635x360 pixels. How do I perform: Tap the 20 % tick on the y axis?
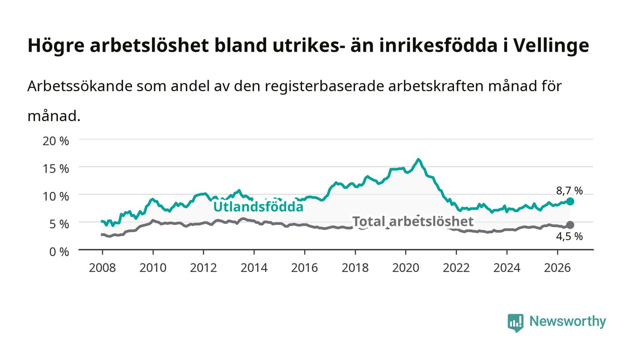(x=55, y=141)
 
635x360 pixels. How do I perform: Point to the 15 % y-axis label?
(x=55, y=169)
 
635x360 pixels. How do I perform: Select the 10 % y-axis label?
(x=55, y=196)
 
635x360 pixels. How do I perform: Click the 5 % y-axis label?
(x=59, y=224)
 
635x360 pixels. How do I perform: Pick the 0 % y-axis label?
(x=59, y=252)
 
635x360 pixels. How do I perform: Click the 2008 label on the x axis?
(x=103, y=268)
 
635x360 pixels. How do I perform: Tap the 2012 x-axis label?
(x=203, y=268)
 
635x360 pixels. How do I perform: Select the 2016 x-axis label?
(x=304, y=268)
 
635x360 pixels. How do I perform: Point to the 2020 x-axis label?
(x=405, y=268)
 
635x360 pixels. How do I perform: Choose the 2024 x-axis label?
(x=507, y=268)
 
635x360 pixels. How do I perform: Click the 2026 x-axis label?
(x=557, y=268)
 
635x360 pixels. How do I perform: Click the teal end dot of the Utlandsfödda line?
(x=570, y=202)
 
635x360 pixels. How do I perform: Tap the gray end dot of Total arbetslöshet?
(x=570, y=225)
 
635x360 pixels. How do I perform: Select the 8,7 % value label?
(x=569, y=191)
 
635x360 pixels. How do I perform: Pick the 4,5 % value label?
(x=569, y=236)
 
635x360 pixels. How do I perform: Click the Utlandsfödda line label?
(x=258, y=207)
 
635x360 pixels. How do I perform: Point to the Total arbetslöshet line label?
(x=413, y=221)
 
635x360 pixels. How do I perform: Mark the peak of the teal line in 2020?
(x=418, y=160)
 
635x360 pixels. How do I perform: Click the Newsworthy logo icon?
(x=515, y=323)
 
